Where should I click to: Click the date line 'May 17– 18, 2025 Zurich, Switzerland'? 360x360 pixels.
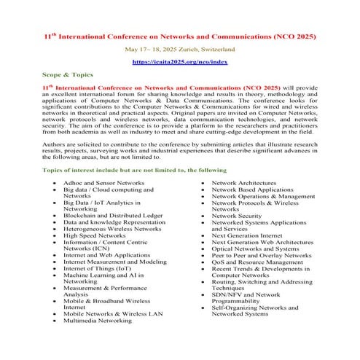tap(179, 49)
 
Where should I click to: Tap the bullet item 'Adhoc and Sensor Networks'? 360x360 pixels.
tap(103, 182)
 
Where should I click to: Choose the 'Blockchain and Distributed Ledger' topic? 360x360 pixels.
tap(112, 216)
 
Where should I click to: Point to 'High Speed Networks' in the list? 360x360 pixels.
tap(95, 235)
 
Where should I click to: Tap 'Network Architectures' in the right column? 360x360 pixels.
tap(248, 182)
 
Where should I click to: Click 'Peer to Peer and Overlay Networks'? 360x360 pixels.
tap(261, 256)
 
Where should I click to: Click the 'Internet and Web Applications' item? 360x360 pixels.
tap(106, 256)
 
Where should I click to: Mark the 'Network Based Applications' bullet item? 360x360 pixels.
tap(252, 189)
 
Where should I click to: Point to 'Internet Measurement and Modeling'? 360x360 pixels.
tap(114, 262)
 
